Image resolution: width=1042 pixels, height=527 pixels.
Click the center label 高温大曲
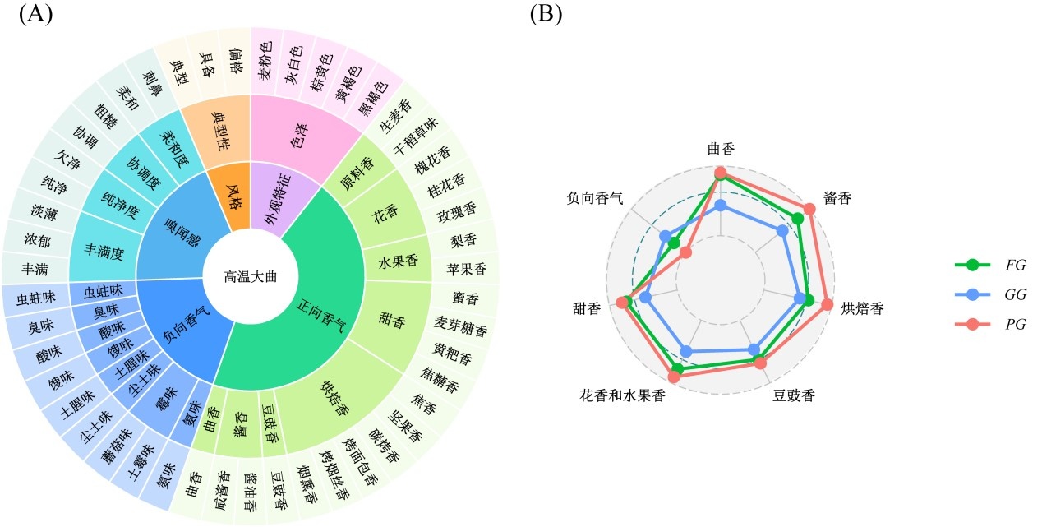coord(250,276)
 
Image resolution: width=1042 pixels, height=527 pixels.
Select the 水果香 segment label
coord(398,262)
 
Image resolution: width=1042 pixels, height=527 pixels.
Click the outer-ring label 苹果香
coord(466,268)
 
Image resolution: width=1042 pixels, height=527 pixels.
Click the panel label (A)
coord(35,15)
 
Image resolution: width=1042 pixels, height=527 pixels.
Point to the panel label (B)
coord(546,15)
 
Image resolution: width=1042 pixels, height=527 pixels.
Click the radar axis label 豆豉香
coord(794,395)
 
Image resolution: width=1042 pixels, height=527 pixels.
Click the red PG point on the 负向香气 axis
coord(686,253)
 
